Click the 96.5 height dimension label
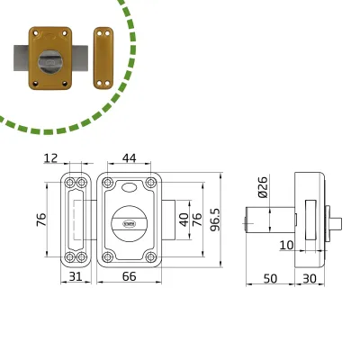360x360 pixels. coord(215,220)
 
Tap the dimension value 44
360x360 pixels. coord(130,158)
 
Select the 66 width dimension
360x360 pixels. coord(130,276)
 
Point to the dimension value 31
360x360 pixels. coord(76,276)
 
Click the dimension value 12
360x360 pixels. coord(50,158)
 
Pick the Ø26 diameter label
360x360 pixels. coord(263,187)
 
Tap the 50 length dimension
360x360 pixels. coord(270,279)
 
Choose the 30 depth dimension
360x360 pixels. coord(310,279)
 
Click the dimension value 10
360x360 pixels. coord(286,245)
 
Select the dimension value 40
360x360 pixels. coord(184,220)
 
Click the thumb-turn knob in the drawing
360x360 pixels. coord(129,223)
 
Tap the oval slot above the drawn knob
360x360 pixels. coord(130,187)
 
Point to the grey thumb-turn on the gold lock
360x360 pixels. coord(49,62)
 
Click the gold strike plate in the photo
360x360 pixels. coord(103,58)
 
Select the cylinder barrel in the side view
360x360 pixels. coord(270,220)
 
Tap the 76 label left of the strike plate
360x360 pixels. coord(41,220)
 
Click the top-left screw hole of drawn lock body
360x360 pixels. coord(107,182)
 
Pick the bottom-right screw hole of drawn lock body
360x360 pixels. coord(151,256)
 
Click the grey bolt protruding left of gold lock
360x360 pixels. coord(22,58)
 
